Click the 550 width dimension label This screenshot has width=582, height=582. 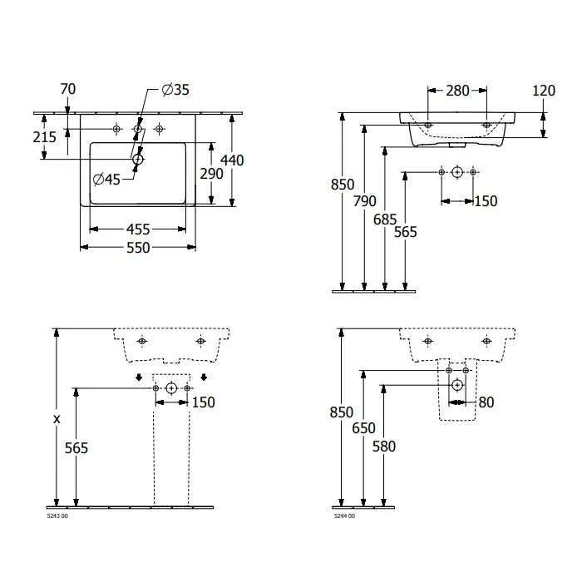pos(138,248)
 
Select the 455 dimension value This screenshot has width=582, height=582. pos(138,229)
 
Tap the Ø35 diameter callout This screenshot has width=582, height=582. pos(175,90)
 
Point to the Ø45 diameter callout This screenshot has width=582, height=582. pos(106,180)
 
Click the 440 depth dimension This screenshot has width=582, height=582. pos(232,160)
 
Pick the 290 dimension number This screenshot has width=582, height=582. pos(211,174)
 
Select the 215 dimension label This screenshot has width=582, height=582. pos(45,137)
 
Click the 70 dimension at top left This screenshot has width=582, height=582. pos(68,89)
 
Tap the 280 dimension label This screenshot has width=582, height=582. pos(457,91)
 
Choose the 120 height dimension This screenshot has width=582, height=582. pos(544,91)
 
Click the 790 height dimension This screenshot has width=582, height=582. pos(364,201)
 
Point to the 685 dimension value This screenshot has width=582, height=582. pos(385,219)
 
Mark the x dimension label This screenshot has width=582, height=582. pos(57,419)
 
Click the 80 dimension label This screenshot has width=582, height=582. pos(486,402)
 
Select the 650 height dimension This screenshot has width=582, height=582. pos(364,428)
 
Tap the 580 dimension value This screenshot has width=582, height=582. pos(384,446)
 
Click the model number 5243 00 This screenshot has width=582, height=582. pos(57,516)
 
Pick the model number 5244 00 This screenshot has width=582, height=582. pos(344,516)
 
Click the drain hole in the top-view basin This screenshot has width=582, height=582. pos(138,160)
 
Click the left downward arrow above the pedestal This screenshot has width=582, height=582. pos(139,377)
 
